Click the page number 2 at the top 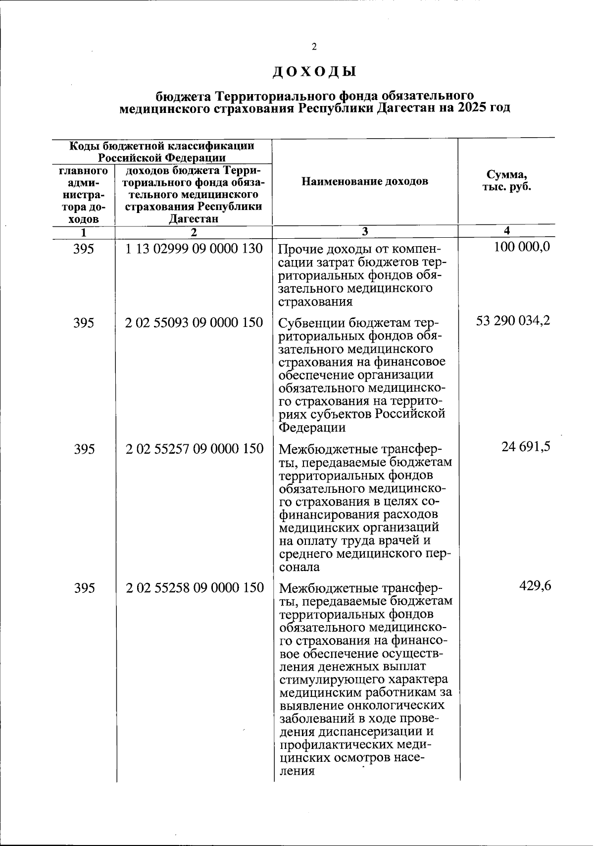point(314,47)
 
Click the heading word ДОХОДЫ point(314,72)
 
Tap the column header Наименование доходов point(365,181)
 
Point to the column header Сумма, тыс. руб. point(506,181)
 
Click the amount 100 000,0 point(522,247)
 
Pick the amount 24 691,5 point(526,447)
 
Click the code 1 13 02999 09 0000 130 point(194,248)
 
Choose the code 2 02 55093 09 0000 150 point(194,323)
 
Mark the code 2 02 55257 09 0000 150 point(194,449)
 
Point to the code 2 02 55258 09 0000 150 point(194,588)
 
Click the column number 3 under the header point(365,231)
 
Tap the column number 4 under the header point(506,230)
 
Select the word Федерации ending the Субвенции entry point(312,427)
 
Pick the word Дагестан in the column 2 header point(194,219)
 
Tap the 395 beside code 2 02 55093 point(84,323)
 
